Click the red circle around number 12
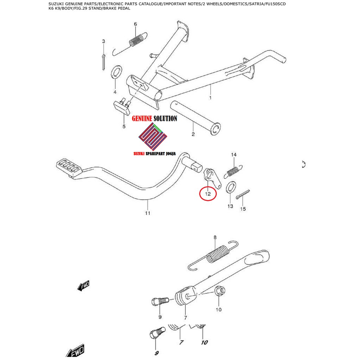[x=208, y=193]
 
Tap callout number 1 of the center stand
[x=210, y=98]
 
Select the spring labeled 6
[x=137, y=40]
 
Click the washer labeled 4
[x=116, y=71]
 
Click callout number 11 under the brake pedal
[x=147, y=213]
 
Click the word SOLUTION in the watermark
[x=165, y=119]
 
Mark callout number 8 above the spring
[x=215, y=237]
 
